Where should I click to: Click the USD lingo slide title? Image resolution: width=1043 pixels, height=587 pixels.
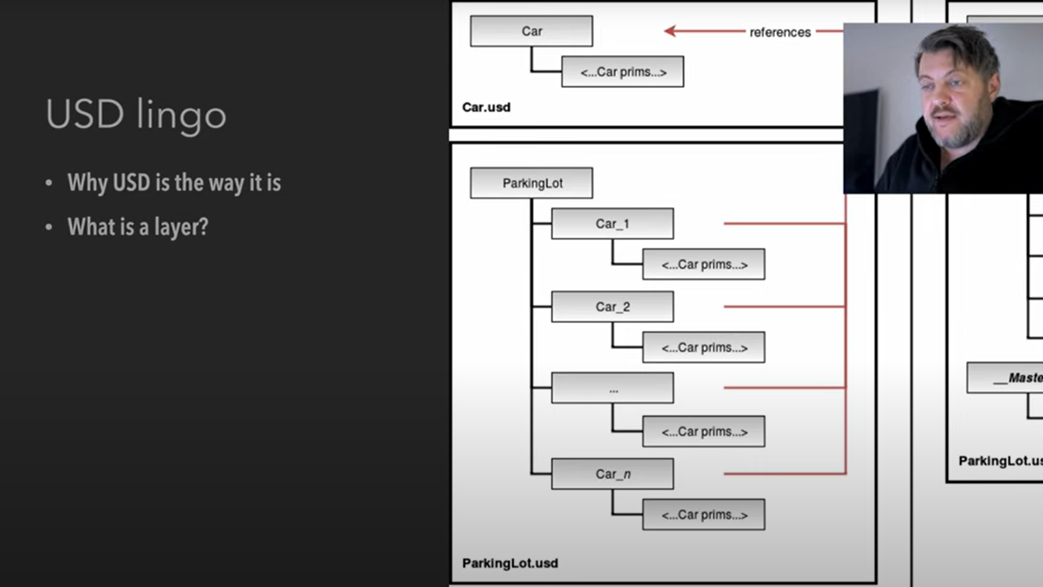click(x=136, y=115)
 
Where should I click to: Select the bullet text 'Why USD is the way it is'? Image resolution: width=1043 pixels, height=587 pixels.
click(x=174, y=183)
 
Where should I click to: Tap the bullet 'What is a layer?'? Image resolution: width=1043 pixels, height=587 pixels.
click(x=138, y=227)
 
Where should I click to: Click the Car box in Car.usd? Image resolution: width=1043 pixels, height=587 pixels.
click(x=531, y=31)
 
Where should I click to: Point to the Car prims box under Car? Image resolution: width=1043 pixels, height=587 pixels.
click(x=623, y=72)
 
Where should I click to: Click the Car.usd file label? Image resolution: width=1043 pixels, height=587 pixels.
click(x=486, y=107)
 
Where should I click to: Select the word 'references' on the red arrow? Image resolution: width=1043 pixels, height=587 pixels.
click(x=780, y=32)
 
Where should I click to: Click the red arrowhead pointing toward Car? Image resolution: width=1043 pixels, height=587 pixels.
click(x=670, y=31)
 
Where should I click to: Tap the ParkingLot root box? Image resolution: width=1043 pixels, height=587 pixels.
click(x=531, y=183)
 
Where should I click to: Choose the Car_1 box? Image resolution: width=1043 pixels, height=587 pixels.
click(x=613, y=224)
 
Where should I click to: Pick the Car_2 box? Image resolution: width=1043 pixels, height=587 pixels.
click(x=613, y=307)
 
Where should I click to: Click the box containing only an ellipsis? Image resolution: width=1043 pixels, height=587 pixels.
click(x=613, y=388)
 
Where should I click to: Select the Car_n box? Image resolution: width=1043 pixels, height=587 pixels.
click(x=613, y=474)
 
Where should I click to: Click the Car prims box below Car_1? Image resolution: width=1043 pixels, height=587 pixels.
click(x=704, y=265)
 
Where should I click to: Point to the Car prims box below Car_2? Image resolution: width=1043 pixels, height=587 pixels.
click(x=704, y=348)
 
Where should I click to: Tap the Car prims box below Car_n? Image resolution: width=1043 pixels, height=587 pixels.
click(x=704, y=515)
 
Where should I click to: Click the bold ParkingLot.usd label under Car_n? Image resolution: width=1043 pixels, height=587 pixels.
click(x=510, y=563)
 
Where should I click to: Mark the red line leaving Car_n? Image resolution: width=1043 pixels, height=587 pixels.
click(x=785, y=473)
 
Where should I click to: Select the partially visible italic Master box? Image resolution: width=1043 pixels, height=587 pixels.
click(x=1005, y=378)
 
